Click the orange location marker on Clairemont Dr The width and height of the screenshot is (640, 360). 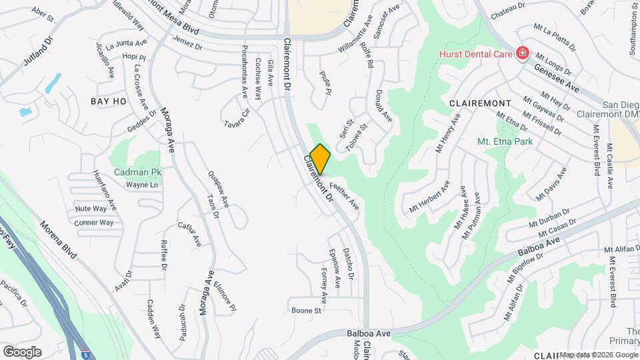[x=320, y=159]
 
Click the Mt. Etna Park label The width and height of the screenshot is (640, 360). [x=503, y=141]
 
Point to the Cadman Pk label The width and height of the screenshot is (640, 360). [x=138, y=172]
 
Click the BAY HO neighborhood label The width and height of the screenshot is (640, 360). [x=109, y=101]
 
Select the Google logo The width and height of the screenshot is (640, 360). [x=22, y=352]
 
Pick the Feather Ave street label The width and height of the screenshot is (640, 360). [x=344, y=197]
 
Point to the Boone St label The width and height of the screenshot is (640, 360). [x=307, y=311]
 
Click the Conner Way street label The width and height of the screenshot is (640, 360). [x=93, y=223]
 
